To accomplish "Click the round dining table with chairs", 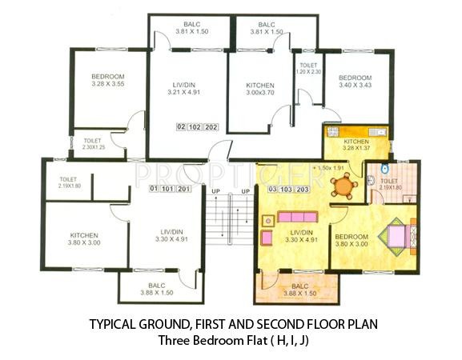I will coord(343,186).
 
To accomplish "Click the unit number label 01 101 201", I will coord(171,189).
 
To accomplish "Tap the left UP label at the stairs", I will coord(215,192).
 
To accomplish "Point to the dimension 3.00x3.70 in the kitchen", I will coord(260,93).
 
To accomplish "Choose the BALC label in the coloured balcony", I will coord(299,286).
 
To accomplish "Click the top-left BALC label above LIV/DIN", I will coord(191,25).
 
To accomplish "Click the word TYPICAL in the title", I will coord(114,326).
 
